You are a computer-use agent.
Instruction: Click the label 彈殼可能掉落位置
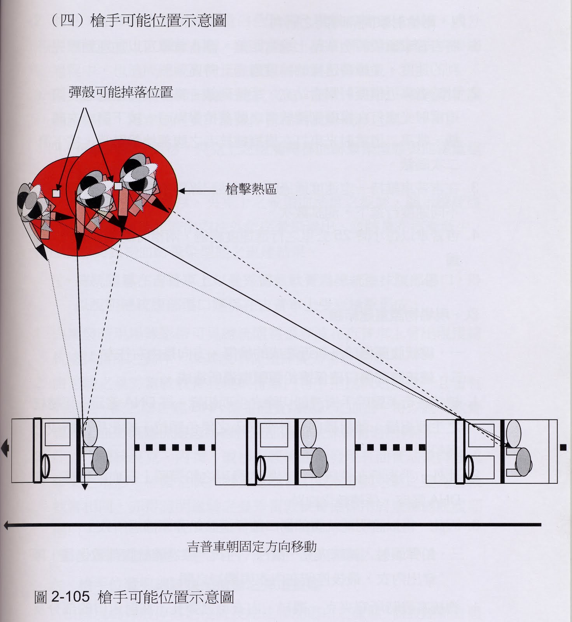pos(121,93)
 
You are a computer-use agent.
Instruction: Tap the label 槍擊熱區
pos(251,189)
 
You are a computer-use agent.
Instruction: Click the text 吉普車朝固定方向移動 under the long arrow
pos(252,546)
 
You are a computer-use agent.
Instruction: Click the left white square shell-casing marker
pos(56,193)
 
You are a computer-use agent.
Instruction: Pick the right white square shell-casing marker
pos(118,186)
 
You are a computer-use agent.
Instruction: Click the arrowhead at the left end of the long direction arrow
pos(7,525)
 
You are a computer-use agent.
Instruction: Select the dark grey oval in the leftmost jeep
pos(100,460)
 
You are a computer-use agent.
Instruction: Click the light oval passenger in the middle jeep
pos(308,433)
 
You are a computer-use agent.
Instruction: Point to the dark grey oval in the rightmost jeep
pos(523,462)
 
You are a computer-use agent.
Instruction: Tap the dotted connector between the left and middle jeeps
pos(175,447)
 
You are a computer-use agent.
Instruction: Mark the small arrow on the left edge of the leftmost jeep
pos(5,448)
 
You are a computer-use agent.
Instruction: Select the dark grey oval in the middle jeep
pos(319,462)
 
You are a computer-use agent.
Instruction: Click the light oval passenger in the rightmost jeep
pos(513,433)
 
